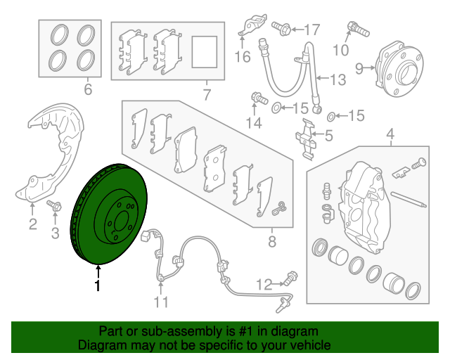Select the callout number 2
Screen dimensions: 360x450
point(32,224)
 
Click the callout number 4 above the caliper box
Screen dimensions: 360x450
point(390,134)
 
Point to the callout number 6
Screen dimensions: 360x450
point(88,89)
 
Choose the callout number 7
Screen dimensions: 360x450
point(207,92)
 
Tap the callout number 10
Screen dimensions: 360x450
point(340,50)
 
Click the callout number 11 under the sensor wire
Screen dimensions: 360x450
point(162,302)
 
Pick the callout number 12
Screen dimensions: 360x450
point(263,285)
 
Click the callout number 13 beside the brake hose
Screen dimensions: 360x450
point(338,80)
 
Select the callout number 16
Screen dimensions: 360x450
point(243,57)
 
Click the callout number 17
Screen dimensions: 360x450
point(311,30)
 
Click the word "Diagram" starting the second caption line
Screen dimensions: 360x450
point(99,346)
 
